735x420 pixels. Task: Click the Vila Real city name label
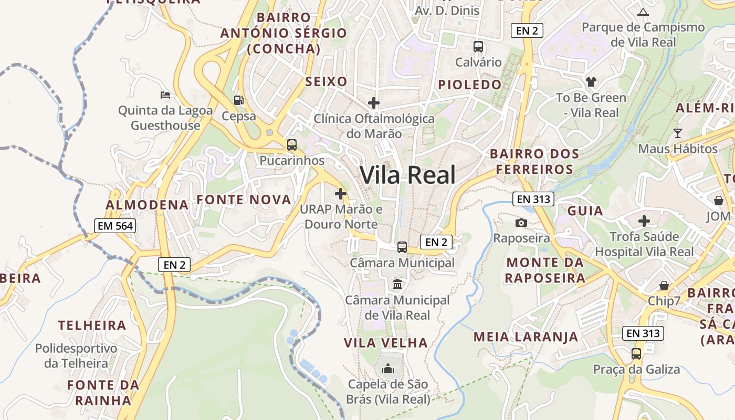pyautogui.click(x=407, y=175)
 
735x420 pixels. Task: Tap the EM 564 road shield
pyautogui.click(x=115, y=226)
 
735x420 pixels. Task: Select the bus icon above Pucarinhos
pyautogui.click(x=292, y=145)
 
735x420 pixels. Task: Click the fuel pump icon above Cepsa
pyautogui.click(x=239, y=100)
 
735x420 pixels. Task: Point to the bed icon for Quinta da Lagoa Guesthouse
pyautogui.click(x=165, y=95)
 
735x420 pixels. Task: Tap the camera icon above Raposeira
pyautogui.click(x=521, y=223)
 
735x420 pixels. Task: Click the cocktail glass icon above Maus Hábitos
pyautogui.click(x=678, y=133)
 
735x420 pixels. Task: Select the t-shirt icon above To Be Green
pyautogui.click(x=592, y=81)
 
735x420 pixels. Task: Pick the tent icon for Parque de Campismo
pyautogui.click(x=643, y=12)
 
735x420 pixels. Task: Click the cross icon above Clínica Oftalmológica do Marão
pyautogui.click(x=374, y=103)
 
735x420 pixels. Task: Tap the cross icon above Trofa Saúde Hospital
pyautogui.click(x=644, y=221)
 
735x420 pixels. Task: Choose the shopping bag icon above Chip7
pyautogui.click(x=664, y=286)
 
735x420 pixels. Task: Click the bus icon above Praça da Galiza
pyautogui.click(x=636, y=353)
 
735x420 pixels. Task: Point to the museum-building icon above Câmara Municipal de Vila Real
pyautogui.click(x=397, y=285)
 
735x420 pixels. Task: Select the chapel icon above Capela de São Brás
pyautogui.click(x=388, y=369)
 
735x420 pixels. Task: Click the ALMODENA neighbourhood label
pyautogui.click(x=147, y=205)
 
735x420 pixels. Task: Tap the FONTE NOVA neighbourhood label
pyautogui.click(x=244, y=199)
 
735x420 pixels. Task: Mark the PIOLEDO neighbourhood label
pyautogui.click(x=470, y=85)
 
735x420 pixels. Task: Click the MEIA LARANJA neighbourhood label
pyautogui.click(x=526, y=337)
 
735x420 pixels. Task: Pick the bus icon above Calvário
pyautogui.click(x=478, y=46)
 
